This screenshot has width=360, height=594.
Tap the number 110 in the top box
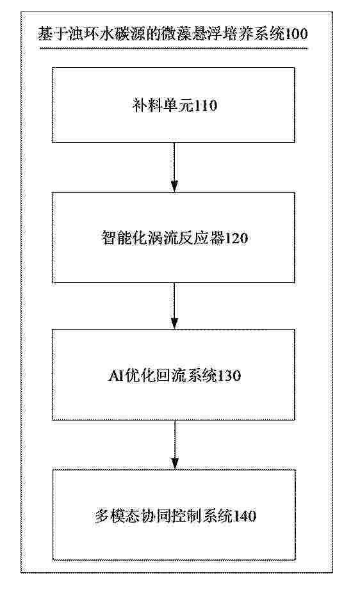206,106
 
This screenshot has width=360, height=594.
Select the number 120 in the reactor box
236,238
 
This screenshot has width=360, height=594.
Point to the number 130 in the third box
229,376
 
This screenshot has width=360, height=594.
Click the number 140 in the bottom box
244,516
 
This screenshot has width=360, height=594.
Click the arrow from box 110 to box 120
174,167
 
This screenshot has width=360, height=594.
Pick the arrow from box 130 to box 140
175,445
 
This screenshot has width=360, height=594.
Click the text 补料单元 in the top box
163,106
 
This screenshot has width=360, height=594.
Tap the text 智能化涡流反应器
163,238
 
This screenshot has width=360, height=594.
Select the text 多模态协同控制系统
163,516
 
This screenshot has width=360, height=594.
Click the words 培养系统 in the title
252,34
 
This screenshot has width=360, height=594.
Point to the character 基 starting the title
45,34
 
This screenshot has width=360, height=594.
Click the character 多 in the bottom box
102,516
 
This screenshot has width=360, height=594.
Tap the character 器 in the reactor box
217,238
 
